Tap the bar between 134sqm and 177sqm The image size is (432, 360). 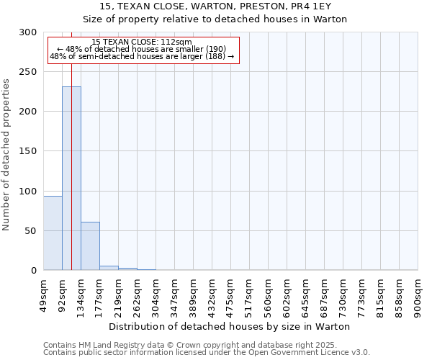click(x=90, y=246)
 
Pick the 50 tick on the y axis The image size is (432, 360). click(x=32, y=231)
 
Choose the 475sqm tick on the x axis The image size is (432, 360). click(x=230, y=293)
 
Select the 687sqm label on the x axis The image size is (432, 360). click(x=324, y=293)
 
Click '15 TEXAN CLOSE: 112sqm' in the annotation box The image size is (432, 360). click(x=142, y=42)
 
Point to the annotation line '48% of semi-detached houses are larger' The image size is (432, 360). click(x=142, y=56)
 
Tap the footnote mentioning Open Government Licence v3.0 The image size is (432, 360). click(x=206, y=352)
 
